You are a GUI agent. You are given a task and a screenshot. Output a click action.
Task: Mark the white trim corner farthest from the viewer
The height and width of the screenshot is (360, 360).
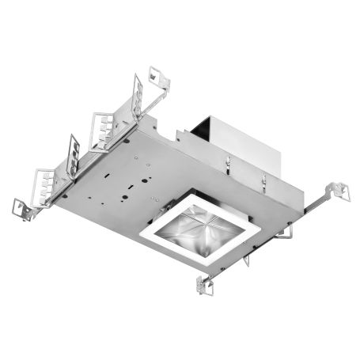195,196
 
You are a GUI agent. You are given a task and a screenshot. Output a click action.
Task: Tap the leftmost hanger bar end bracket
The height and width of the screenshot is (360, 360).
19,207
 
